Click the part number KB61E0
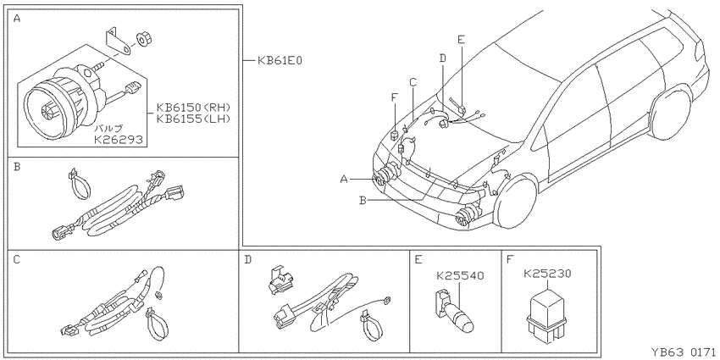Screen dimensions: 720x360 pyautogui.click(x=280, y=60)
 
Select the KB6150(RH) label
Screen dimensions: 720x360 pyautogui.click(x=193, y=107)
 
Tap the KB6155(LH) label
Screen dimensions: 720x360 pyautogui.click(x=193, y=119)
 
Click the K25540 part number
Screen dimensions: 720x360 pyautogui.click(x=460, y=276)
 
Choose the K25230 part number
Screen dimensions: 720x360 pyautogui.click(x=547, y=274)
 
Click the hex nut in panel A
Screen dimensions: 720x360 pyautogui.click(x=144, y=40)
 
